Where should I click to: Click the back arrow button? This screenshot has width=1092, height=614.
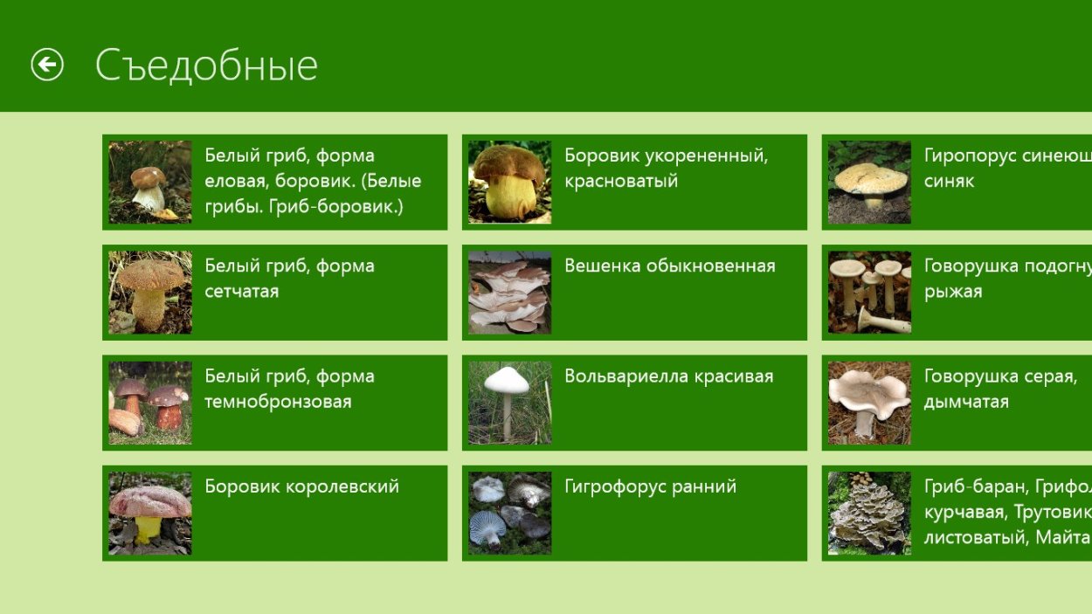(x=47, y=65)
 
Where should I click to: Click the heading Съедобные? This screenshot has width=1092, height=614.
(x=206, y=66)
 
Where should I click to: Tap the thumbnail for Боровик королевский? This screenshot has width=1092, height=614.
(x=150, y=514)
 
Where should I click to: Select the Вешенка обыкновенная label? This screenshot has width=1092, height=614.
(x=669, y=266)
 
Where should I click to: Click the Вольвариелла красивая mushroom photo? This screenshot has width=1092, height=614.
(x=509, y=403)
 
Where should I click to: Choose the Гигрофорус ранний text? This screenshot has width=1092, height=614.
(x=650, y=487)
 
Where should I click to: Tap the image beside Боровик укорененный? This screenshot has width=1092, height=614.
(x=509, y=182)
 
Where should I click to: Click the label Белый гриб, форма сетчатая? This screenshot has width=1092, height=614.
(x=289, y=279)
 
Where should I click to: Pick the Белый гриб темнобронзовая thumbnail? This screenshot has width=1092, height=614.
(x=150, y=403)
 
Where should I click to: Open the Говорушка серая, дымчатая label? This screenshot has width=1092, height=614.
(x=1000, y=389)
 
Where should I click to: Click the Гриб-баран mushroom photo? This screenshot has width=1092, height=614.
(x=869, y=514)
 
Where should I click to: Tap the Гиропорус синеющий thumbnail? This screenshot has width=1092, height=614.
(x=869, y=182)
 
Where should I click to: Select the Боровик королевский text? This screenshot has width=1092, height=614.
(x=301, y=487)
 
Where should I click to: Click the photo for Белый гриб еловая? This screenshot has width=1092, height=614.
(x=150, y=182)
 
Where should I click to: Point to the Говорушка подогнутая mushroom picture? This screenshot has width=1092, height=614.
(x=869, y=293)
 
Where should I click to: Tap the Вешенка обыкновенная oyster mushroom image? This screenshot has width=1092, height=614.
(x=509, y=293)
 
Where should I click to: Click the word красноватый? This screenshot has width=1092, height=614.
(x=621, y=182)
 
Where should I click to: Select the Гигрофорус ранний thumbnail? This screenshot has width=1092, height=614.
(x=509, y=514)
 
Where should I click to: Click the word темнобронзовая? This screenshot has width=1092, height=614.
(x=278, y=402)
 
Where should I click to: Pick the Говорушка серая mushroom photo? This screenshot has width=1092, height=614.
(x=869, y=403)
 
